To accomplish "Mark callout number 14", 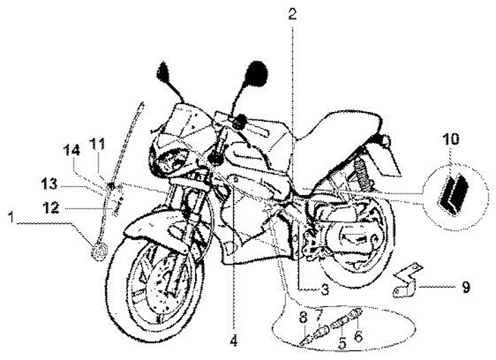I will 73,149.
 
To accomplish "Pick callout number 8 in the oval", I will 302,317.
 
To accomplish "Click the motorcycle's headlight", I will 169,162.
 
